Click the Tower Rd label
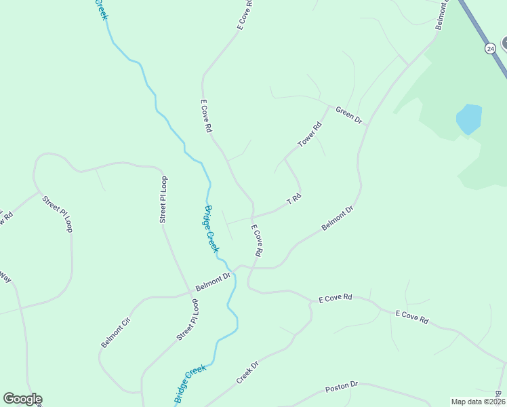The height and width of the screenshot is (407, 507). (x=309, y=135)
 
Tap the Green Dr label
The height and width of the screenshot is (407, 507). (x=349, y=115)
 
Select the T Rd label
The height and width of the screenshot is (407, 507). (x=294, y=199)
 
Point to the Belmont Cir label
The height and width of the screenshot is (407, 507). (x=115, y=332)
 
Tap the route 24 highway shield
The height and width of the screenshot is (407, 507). (x=490, y=48)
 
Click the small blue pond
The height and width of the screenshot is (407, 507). (x=468, y=119)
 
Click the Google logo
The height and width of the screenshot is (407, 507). (x=22, y=399)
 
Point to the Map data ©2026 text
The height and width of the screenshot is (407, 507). (x=479, y=402)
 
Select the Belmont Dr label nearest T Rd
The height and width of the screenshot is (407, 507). (x=338, y=218)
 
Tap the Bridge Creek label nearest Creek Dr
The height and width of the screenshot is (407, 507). (x=190, y=384)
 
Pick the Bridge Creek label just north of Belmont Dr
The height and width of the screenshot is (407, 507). (x=211, y=229)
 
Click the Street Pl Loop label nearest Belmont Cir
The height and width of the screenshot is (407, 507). (x=187, y=319)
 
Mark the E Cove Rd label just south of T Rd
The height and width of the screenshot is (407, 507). (x=256, y=241)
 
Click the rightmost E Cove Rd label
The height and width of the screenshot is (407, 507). (x=412, y=317)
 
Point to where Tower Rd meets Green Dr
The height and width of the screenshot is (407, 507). (x=330, y=107)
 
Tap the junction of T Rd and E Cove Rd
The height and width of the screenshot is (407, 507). (x=254, y=215)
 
